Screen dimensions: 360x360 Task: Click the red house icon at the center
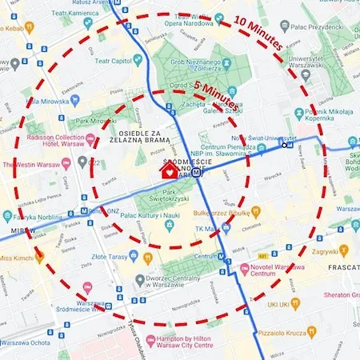(168, 170)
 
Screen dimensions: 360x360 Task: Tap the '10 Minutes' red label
(258, 31)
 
